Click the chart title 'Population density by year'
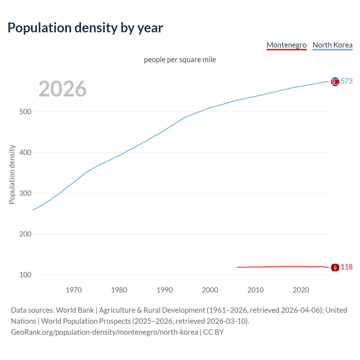point(85,28)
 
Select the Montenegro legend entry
point(286,45)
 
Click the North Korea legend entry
point(332,45)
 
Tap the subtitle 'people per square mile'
point(180,60)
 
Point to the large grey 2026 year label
point(62,89)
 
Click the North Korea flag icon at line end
point(335,82)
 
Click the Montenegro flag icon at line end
point(335,267)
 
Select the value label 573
point(346,81)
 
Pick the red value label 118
point(346,267)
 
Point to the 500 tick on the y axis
point(25,112)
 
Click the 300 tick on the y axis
point(25,193)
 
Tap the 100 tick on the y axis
point(25,275)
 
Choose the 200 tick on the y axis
point(25,234)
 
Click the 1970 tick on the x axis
point(74,290)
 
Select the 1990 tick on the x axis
point(165,290)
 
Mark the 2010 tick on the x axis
point(255,290)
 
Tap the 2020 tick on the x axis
point(301,290)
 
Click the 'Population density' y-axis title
point(12,174)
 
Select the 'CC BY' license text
point(213,332)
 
